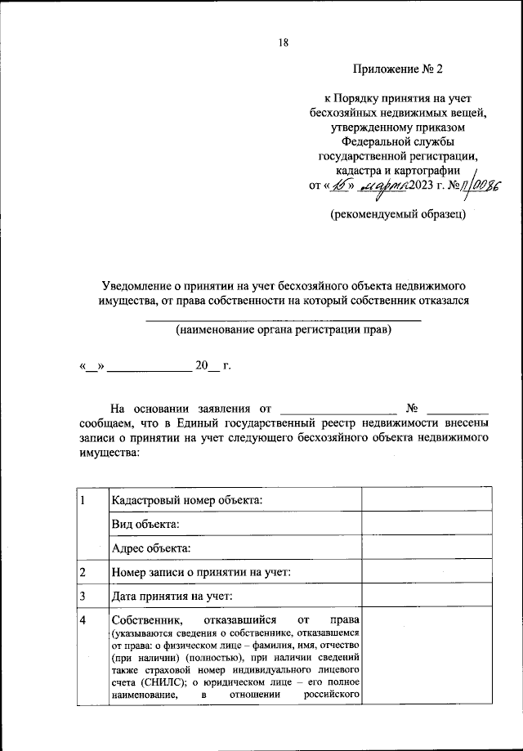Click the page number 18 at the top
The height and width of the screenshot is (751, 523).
pyautogui.click(x=283, y=42)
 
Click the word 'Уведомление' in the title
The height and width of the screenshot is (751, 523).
pyautogui.click(x=136, y=285)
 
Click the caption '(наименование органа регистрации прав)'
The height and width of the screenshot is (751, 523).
pyautogui.click(x=283, y=330)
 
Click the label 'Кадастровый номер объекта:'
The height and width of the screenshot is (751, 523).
pyautogui.click(x=188, y=500)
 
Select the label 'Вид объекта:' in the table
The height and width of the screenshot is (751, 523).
pyautogui.click(x=146, y=524)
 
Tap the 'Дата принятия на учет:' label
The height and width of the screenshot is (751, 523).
pyautogui.click(x=173, y=597)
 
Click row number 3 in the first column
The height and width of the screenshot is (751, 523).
pyautogui.click(x=83, y=597)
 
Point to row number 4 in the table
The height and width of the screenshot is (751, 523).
pyautogui.click(x=83, y=621)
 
